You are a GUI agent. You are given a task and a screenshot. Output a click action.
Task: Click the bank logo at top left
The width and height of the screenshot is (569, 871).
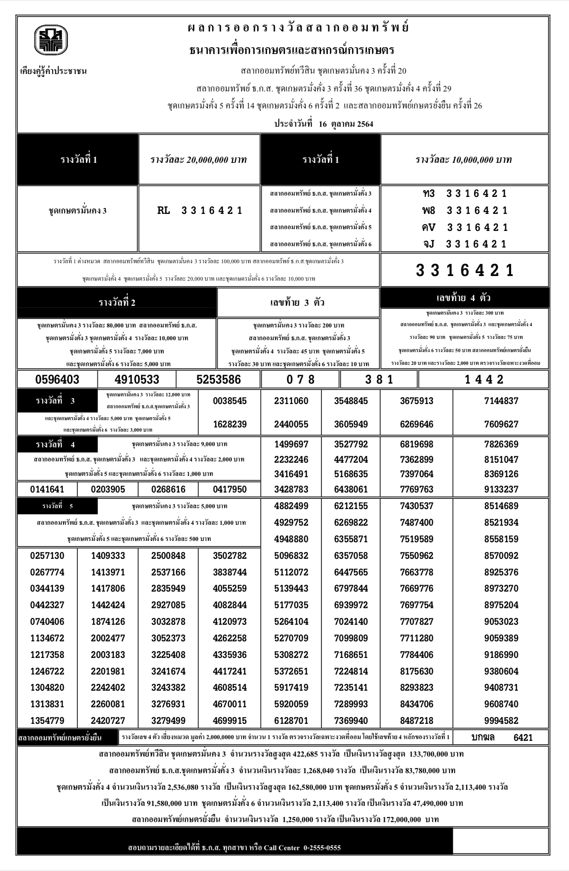pyautogui.click(x=51, y=40)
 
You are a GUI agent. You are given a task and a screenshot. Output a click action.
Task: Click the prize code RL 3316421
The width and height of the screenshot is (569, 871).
pyautogui.click(x=199, y=211)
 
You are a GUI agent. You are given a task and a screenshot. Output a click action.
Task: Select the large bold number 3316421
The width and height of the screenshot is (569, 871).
pyautogui.click(x=465, y=270)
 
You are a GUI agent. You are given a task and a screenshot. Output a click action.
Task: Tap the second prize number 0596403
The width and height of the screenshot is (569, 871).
pyautogui.click(x=57, y=379)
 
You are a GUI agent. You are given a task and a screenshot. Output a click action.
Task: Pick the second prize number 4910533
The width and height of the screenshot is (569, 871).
pyautogui.click(x=137, y=379)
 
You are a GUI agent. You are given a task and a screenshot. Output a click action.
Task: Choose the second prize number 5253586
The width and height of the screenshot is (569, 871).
pyautogui.click(x=219, y=379)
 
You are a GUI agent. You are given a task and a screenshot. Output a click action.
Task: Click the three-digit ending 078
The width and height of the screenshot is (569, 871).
pyautogui.click(x=301, y=379)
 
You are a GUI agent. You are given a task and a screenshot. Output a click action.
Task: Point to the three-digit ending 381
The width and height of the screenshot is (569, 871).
pyautogui.click(x=379, y=379)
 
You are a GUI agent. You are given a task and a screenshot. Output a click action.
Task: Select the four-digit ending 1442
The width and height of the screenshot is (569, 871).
pyautogui.click(x=484, y=379)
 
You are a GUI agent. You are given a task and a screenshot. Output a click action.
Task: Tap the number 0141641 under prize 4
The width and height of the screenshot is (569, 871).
pyautogui.click(x=47, y=490)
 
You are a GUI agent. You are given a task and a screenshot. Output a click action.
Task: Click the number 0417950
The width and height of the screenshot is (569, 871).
pyautogui.click(x=230, y=490)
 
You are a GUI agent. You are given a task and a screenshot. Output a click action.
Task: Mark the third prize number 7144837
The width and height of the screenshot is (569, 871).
pyautogui.click(x=501, y=401)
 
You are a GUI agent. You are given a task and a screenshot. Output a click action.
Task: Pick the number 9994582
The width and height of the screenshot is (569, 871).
pyautogui.click(x=501, y=721)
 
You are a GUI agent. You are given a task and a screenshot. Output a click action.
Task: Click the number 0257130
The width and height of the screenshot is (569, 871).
pyautogui.click(x=47, y=556)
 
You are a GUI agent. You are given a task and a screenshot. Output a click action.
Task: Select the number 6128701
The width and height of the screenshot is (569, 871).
pyautogui.click(x=291, y=721)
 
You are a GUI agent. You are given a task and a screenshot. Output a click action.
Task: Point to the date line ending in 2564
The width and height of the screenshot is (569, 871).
pyautogui.click(x=324, y=124)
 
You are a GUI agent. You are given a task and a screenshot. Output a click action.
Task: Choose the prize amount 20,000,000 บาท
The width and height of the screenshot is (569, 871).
pyautogui.click(x=199, y=160)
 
